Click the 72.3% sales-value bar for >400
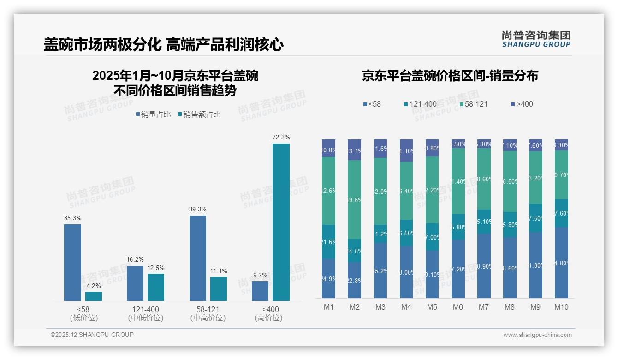pos(281,222)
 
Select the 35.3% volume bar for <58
pos(72,263)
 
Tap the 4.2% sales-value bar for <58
pos(94,296)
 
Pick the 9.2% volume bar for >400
pos(260,291)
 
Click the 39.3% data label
pos(198,209)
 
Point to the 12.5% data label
pos(156,268)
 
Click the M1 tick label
pos(329,307)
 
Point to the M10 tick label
pos(561,307)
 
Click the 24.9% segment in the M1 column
pos(329,278)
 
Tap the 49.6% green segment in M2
pos(355,199)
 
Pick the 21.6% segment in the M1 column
pos(329,242)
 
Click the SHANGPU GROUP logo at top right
pos(536,39)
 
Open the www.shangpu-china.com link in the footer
pos(537,335)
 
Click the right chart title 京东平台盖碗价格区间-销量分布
pos(450,76)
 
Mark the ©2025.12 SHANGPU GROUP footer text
pos(92,335)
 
